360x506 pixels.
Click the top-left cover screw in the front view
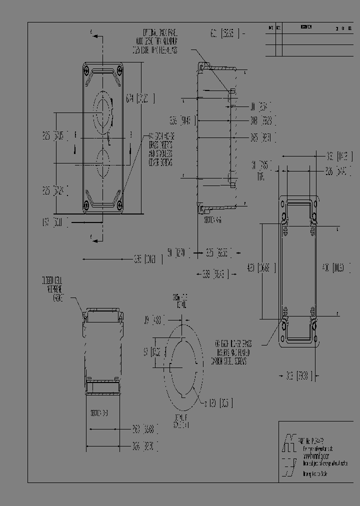[87, 68]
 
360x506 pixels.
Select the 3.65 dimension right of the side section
[260, 137]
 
